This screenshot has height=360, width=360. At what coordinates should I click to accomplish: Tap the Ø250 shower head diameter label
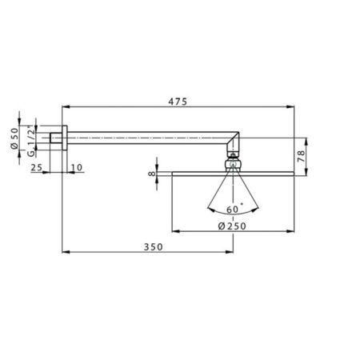click(x=232, y=226)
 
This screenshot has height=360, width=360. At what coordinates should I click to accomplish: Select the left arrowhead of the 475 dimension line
click(x=66, y=109)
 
